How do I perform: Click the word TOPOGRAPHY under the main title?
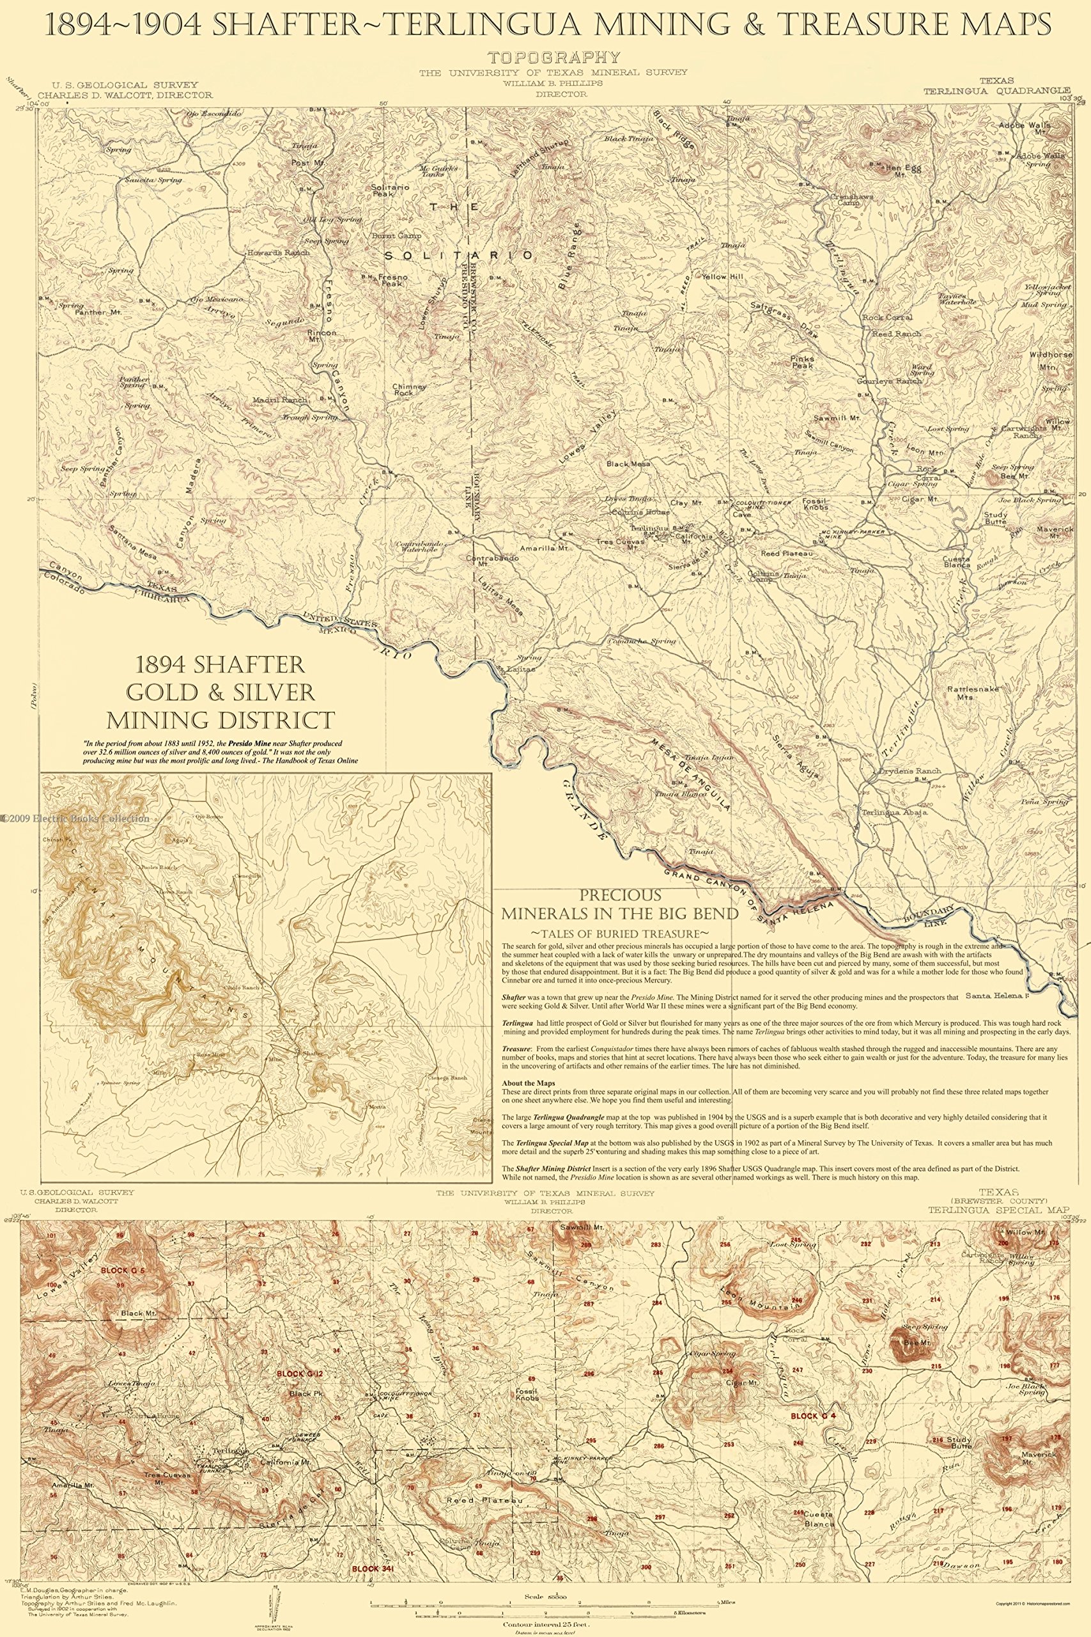click(x=554, y=58)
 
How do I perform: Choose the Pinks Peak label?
click(x=802, y=362)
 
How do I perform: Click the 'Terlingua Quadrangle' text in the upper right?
click(x=996, y=90)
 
